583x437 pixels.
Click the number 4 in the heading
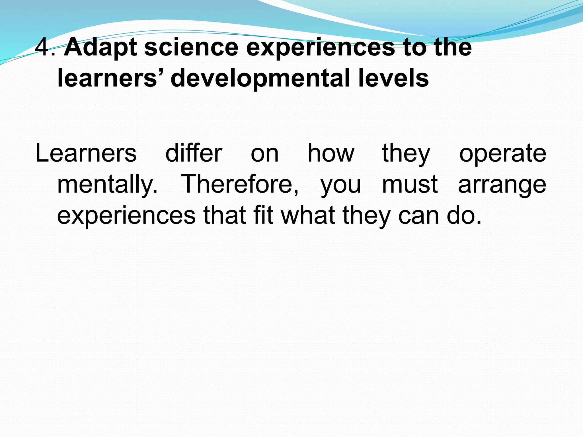pyautogui.click(x=43, y=47)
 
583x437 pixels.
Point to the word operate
pyautogui.click(x=502, y=154)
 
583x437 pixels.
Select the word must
pyautogui.click(x=410, y=184)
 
